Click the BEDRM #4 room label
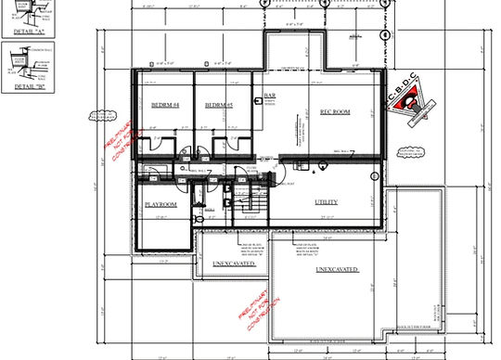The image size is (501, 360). pos(164,105)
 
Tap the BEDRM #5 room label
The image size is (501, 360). pos(219,105)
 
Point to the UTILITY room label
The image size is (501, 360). pos(326,202)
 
